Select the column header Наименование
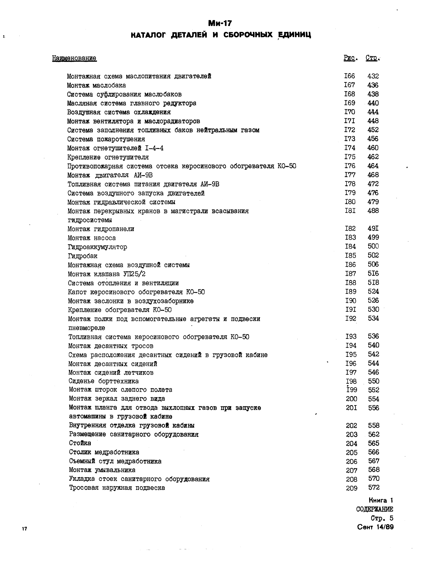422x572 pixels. (x=74, y=58)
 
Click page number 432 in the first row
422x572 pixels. (x=373, y=76)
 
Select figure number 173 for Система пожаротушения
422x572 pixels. (x=350, y=139)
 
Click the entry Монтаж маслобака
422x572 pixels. (x=97, y=85)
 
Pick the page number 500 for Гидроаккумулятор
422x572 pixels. (x=373, y=246)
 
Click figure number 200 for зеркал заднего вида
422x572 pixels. (x=352, y=399)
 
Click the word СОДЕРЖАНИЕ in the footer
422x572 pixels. (x=374, y=509)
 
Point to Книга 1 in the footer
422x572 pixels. (x=381, y=500)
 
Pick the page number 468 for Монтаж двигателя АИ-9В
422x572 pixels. (x=373, y=175)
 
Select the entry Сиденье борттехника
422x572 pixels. (x=104, y=381)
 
